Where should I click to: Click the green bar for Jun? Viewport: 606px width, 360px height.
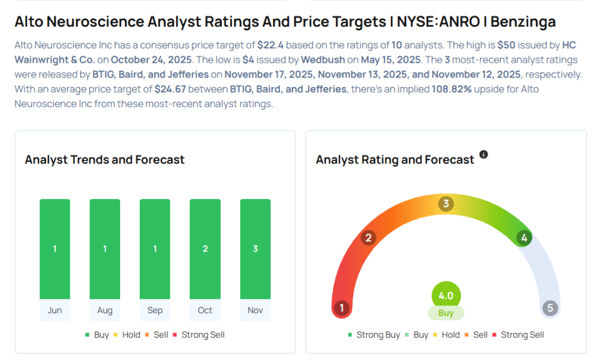54,249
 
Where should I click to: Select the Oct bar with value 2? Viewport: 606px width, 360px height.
205,249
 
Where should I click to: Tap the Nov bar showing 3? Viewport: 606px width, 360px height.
255,249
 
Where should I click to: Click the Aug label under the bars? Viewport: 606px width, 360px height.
105,310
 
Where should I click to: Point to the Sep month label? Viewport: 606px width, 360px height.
155,310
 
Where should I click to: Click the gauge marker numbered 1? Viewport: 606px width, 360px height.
341,308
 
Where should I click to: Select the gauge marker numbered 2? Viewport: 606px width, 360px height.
369,238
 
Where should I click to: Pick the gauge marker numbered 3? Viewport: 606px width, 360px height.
446,204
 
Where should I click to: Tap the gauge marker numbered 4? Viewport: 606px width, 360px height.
523,238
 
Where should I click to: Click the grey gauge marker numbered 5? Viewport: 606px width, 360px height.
550,308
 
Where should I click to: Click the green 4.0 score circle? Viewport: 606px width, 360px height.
446,296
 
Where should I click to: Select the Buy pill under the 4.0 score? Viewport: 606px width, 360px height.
446,313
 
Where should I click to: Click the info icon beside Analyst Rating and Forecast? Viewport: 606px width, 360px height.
483,155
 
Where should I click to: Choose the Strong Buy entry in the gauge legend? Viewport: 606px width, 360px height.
374,335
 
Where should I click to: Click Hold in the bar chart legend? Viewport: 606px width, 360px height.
127,335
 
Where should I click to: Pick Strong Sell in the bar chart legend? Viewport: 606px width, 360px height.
199,335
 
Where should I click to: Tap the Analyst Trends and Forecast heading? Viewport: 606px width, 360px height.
105,160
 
